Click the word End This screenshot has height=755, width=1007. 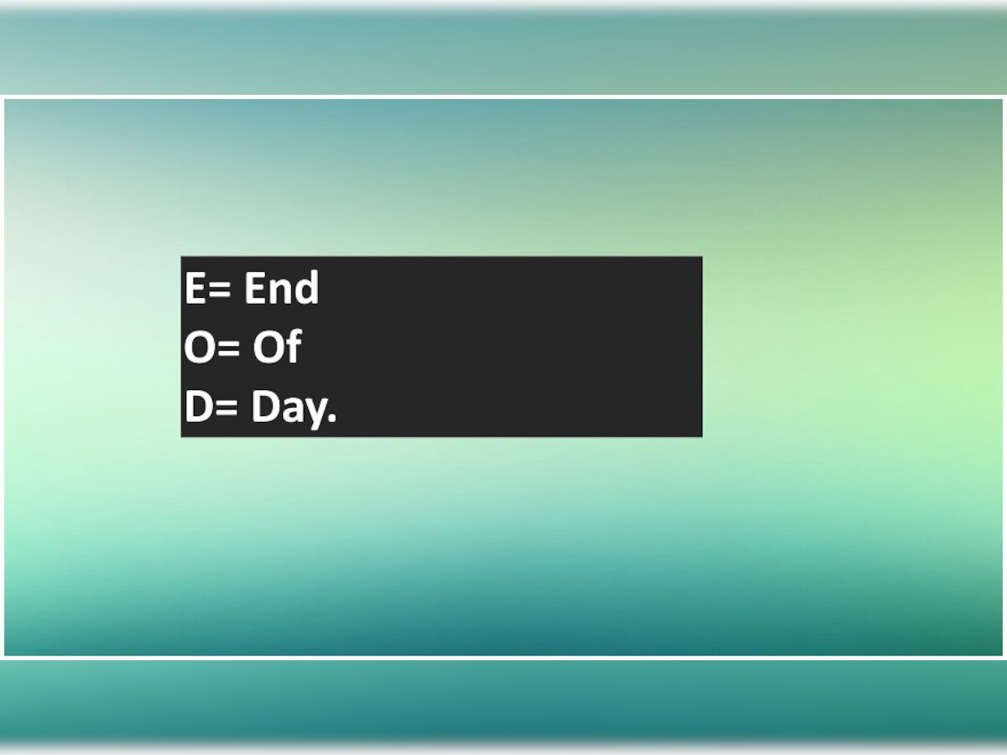click(x=281, y=288)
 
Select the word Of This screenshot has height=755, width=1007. click(x=277, y=346)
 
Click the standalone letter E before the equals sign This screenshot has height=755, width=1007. click(x=195, y=288)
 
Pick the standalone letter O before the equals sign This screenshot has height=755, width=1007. click(x=199, y=347)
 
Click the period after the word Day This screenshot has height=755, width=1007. click(x=332, y=418)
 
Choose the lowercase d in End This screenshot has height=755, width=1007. click(x=305, y=288)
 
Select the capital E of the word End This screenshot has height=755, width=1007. click(x=253, y=288)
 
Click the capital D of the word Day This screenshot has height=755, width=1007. click(x=266, y=406)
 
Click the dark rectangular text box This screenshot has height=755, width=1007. click(x=441, y=346)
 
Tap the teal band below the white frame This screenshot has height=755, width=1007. click(x=503, y=706)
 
